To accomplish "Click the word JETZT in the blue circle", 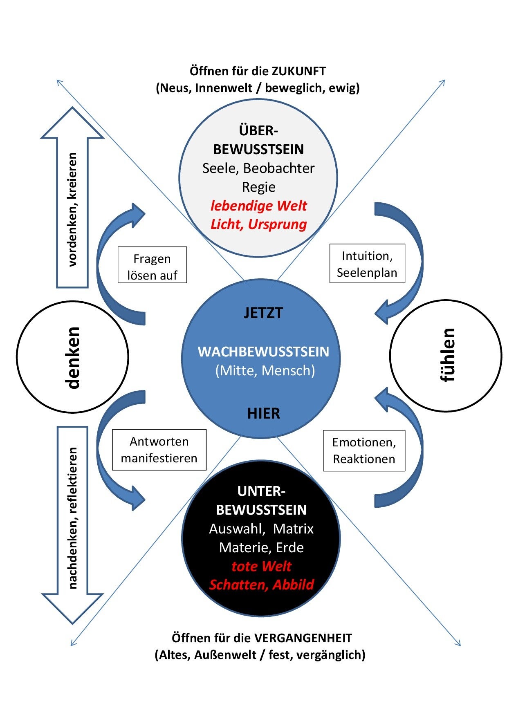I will point(263,313).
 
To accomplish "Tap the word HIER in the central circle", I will point(264,414).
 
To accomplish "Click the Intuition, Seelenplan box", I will point(367,264).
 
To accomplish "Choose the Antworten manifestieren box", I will point(159,450).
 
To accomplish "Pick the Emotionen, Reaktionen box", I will point(364,450).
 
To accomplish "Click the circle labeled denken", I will point(73,357).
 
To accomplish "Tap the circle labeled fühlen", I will point(446,356).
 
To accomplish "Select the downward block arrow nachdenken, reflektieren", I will point(72,519).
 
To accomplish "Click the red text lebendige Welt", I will point(258,206).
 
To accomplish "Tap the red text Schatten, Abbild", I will point(261,585).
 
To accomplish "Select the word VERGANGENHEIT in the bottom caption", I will point(303,638).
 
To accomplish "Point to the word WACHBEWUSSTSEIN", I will point(263,352).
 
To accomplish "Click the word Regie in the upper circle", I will point(258,187).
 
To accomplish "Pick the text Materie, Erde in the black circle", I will point(261,548).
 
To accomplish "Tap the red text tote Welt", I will point(261,567).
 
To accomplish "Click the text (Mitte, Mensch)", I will point(265,371).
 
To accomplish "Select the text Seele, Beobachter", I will point(258,168).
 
